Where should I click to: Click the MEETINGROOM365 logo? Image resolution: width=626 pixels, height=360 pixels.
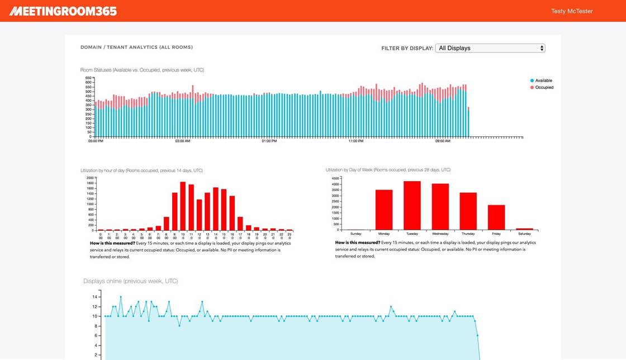[63, 11]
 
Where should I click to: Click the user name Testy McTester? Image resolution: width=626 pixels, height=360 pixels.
[572, 11]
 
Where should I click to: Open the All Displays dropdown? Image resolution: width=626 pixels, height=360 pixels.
[490, 48]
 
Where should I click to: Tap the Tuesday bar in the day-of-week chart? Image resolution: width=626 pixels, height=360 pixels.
[412, 205]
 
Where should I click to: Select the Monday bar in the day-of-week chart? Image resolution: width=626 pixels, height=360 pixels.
[384, 210]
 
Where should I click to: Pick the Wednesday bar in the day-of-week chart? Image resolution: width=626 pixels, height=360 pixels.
[440, 206]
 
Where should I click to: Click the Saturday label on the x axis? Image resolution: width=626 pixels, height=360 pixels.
[524, 234]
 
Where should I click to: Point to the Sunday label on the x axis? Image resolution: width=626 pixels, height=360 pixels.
[355, 234]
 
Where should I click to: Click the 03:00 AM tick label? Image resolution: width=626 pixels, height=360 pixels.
[182, 141]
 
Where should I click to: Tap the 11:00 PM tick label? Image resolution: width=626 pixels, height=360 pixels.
[356, 141]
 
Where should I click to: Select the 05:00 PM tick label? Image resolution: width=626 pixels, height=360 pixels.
[96, 141]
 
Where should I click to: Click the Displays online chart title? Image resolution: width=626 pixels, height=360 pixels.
[131, 281]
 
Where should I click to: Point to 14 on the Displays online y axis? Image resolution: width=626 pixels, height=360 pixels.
[94, 297]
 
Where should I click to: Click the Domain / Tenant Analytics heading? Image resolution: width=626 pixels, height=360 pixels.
[136, 48]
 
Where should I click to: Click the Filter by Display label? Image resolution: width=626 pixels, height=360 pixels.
[407, 48]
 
